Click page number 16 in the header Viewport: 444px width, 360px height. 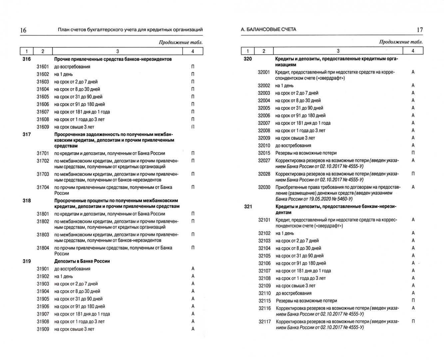pyautogui.click(x=23, y=30)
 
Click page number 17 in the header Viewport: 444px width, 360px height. pyautogui.click(x=420, y=30)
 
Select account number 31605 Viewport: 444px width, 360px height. pyautogui.click(x=43, y=97)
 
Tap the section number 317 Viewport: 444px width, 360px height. pyautogui.click(x=26, y=134)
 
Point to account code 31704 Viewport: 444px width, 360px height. pyautogui.click(x=43, y=187)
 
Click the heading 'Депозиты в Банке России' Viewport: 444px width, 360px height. pyautogui.click(x=82, y=261)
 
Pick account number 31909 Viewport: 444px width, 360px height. pyautogui.click(x=43, y=329)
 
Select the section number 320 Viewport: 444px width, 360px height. pyautogui.click(x=248, y=59)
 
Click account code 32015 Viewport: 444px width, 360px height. pyautogui.click(x=264, y=153)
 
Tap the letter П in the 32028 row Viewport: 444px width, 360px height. pyautogui.click(x=413, y=174)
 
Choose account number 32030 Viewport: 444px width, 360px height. pyautogui.click(x=264, y=187)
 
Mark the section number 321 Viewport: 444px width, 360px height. pyautogui.click(x=248, y=207)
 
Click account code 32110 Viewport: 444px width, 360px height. pyautogui.click(x=264, y=293)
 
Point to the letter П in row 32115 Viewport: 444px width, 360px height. pyautogui.click(x=413, y=301)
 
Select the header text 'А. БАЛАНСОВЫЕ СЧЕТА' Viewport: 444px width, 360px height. pyautogui.click(x=268, y=30)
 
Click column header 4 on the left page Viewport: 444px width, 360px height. pyautogui.click(x=193, y=51)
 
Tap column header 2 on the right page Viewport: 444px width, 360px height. pyautogui.click(x=263, y=51)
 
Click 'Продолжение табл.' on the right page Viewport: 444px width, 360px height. pyautogui.click(x=401, y=42)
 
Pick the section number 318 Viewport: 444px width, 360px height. pyautogui.click(x=26, y=201)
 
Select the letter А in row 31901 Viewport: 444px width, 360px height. pyautogui.click(x=193, y=269)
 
